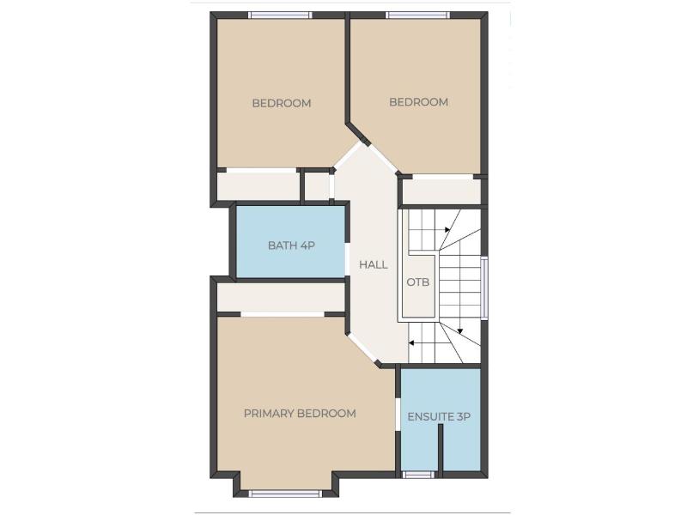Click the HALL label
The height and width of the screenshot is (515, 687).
pos(374,264)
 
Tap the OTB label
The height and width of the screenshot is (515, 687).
pos(418,282)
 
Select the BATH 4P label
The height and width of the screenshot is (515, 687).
pos(291,245)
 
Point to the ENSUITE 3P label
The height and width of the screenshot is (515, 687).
pos(439,416)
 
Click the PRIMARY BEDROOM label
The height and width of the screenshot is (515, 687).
pos(300,414)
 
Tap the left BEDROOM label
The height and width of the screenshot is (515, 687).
pos(282,103)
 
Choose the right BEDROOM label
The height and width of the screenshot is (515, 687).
pos(418,102)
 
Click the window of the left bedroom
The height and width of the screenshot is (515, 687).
pos(281,15)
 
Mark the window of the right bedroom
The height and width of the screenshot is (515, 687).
pos(418,15)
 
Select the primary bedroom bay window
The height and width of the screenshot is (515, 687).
pos(285,494)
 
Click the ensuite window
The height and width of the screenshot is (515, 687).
pos(418,475)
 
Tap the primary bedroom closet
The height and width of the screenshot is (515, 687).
pos(281,298)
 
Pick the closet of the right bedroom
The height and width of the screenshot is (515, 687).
pos(441,191)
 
